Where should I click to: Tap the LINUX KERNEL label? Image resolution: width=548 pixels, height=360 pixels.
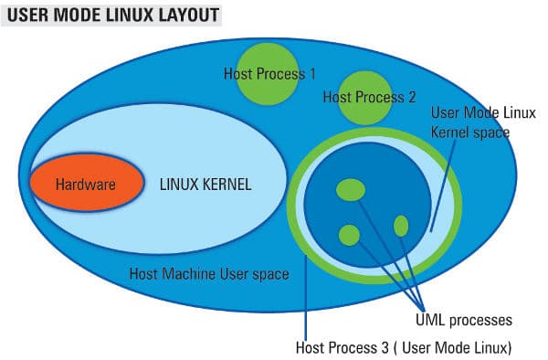[x=205, y=185]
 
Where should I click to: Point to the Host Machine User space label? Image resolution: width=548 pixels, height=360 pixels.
[x=209, y=273]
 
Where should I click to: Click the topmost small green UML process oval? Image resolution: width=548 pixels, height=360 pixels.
[x=351, y=189]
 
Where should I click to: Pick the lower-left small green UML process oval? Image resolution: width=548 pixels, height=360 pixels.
[x=349, y=235]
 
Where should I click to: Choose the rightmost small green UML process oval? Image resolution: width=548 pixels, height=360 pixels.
[x=401, y=225]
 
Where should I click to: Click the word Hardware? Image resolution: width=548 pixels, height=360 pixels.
[x=85, y=185]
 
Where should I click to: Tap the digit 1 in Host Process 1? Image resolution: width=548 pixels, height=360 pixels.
[x=311, y=73]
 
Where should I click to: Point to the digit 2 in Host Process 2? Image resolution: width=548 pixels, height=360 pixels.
[x=412, y=96]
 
